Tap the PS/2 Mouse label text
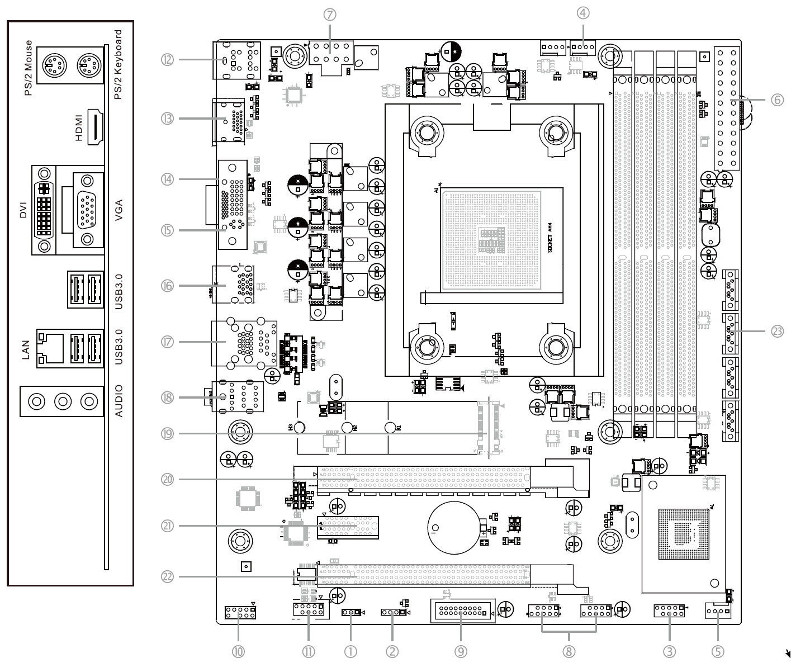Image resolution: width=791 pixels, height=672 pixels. (x=29, y=68)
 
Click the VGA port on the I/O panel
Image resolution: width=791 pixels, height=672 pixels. (x=87, y=210)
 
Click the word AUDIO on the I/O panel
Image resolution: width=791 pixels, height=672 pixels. (x=119, y=401)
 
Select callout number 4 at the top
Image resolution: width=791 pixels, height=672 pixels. (x=583, y=13)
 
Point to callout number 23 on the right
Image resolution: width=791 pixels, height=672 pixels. (x=778, y=331)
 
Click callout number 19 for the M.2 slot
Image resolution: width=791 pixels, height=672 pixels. (x=167, y=433)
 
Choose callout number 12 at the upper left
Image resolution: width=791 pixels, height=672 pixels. (x=167, y=59)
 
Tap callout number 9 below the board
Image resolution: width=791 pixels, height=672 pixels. (x=461, y=651)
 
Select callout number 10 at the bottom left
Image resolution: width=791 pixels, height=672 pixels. (x=239, y=651)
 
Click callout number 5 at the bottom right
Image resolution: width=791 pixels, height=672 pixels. (x=718, y=651)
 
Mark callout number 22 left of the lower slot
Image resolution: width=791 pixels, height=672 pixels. (x=167, y=576)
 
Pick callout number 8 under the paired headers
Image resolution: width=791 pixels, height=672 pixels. (x=569, y=651)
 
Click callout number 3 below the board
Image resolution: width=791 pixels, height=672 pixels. (x=669, y=651)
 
